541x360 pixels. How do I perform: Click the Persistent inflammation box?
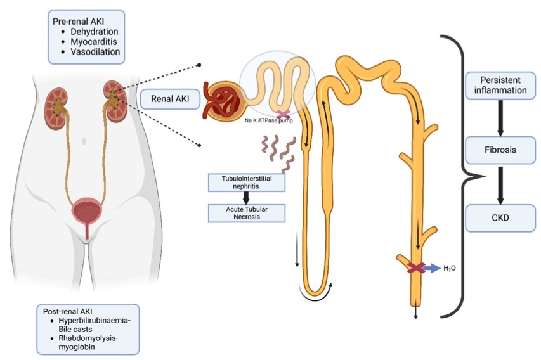pos(501,84)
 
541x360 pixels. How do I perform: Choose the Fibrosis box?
pos(501,151)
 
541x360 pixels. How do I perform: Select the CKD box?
pos(501,218)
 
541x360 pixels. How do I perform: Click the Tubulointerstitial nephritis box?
pos(246,183)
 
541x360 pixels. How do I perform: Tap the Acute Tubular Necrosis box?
pos(246,212)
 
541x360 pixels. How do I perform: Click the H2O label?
pos(450,268)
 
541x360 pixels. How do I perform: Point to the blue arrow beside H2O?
pos(431,268)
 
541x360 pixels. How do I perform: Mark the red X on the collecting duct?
pos(415,268)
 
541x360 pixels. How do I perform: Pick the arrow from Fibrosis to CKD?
pos(501,184)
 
